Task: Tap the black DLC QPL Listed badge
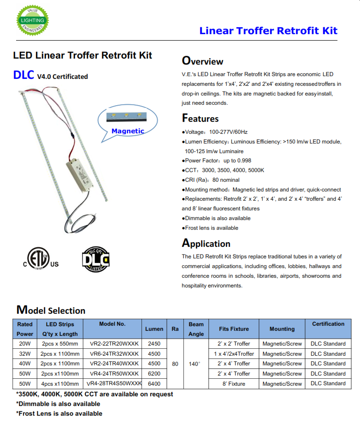pyautogui.click(x=96, y=259)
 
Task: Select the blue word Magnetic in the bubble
pyautogui.click(x=128, y=131)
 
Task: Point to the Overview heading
pyautogui.click(x=202, y=61)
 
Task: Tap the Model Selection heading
pyautogui.click(x=51, y=310)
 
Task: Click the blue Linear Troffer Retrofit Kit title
pyautogui.click(x=268, y=30)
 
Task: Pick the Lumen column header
pyautogui.click(x=154, y=329)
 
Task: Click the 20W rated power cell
pyautogui.click(x=25, y=344)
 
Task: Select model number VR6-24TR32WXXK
pyautogui.click(x=112, y=354)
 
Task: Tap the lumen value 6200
pyautogui.click(x=154, y=374)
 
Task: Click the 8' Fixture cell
pyautogui.click(x=234, y=384)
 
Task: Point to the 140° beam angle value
pyautogui.click(x=195, y=364)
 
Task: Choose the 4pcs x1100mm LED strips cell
pyautogui.click(x=60, y=384)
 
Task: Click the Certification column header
pyautogui.click(x=328, y=324)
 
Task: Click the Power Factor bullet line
pyautogui.click(x=218, y=161)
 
